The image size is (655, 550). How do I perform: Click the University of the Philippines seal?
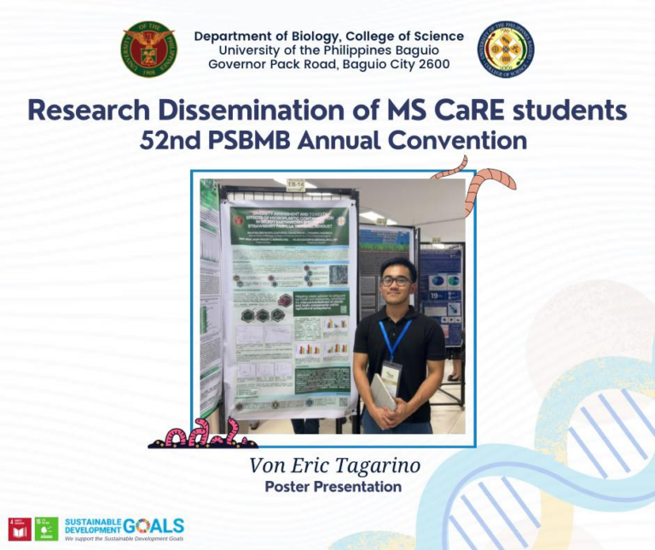148,50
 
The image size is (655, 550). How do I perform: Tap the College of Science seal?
506,50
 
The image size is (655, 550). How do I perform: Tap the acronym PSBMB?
249,139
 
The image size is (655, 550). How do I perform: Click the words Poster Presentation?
333,487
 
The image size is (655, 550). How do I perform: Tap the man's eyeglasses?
396,280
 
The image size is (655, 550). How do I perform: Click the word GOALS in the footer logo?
154,525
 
